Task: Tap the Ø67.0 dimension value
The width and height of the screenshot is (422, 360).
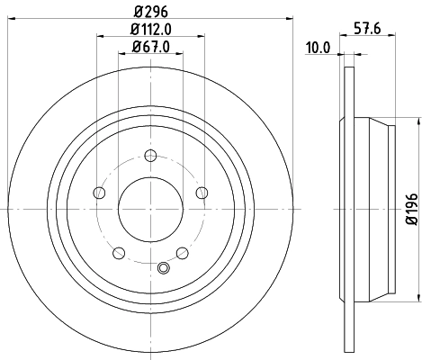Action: tap(150, 47)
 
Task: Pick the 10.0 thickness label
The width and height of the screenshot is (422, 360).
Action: tap(319, 48)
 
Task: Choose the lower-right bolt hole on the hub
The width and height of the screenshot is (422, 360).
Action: tap(183, 253)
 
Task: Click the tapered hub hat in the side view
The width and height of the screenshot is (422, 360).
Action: tap(371, 207)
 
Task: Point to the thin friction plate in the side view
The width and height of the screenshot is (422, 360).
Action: tap(345, 207)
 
